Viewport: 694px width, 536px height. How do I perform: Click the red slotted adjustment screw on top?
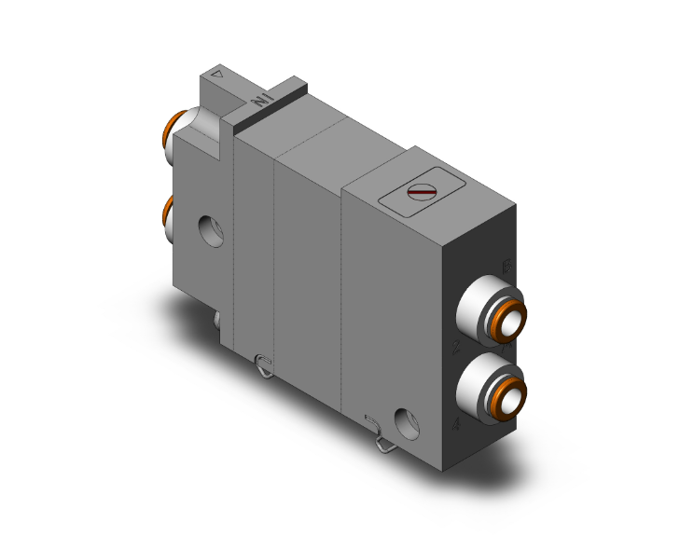423,193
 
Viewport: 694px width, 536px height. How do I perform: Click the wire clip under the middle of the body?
264,365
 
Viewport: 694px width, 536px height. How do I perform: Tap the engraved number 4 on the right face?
454,425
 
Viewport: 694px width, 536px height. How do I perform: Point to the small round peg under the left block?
217,320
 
